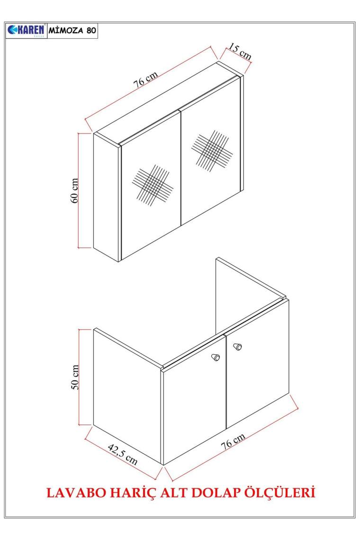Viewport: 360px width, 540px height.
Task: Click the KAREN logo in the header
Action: click(x=26, y=30)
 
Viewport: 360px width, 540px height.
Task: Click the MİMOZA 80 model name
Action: click(x=72, y=30)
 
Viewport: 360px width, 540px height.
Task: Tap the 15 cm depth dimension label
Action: click(x=240, y=51)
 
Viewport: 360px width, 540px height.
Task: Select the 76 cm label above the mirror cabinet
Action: click(x=146, y=79)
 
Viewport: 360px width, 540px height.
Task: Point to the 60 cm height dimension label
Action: click(x=75, y=190)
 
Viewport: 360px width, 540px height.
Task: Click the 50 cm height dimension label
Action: click(x=75, y=377)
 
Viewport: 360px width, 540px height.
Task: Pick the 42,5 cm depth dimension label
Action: click(x=123, y=454)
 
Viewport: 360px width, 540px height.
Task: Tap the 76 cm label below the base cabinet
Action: click(x=233, y=441)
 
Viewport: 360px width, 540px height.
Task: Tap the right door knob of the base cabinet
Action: click(x=237, y=346)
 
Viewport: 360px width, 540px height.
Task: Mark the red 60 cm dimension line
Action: click(x=79, y=190)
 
